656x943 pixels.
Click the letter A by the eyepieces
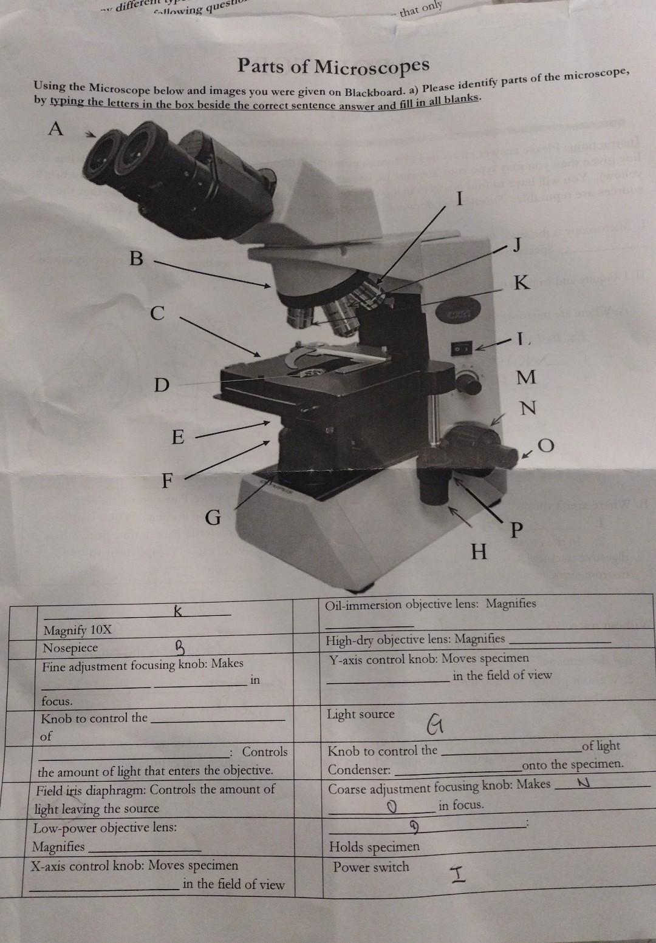pyautogui.click(x=55, y=129)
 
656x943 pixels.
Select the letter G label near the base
pyautogui.click(x=213, y=518)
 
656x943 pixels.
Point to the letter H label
pyautogui.click(x=479, y=552)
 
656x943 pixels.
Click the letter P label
pyautogui.click(x=516, y=530)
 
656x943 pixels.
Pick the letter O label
pyautogui.click(x=546, y=447)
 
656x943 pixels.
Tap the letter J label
pyautogui.click(x=517, y=245)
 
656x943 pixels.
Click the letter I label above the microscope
pyautogui.click(x=460, y=198)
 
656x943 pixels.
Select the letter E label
pyautogui.click(x=177, y=437)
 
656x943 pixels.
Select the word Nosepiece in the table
pyautogui.click(x=70, y=648)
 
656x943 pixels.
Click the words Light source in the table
pyautogui.click(x=360, y=714)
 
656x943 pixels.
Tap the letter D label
pyautogui.click(x=160, y=385)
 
